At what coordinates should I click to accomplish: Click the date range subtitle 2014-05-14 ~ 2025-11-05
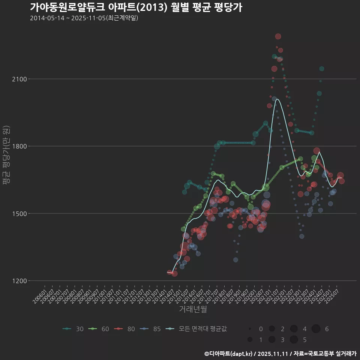click(x=84, y=18)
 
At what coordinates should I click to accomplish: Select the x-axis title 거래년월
click(x=193, y=309)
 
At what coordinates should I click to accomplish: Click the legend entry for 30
click(x=73, y=329)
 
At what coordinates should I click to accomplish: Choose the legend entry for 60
click(x=99, y=329)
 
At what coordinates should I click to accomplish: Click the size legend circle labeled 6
click(x=316, y=329)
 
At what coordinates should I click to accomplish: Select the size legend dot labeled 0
click(x=250, y=329)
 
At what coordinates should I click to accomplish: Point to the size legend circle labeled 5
click(x=294, y=340)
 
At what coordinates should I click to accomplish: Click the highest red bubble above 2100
click(x=278, y=36)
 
